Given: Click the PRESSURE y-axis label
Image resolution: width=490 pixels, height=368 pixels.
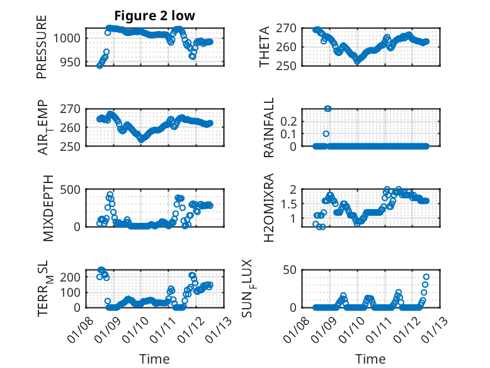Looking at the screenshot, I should point(42,50).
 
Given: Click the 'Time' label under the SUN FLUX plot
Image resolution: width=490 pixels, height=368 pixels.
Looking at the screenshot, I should point(370,359).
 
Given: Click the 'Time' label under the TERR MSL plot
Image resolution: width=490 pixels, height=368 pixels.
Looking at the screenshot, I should point(154,359).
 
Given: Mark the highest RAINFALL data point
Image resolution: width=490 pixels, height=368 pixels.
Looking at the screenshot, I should point(328,109).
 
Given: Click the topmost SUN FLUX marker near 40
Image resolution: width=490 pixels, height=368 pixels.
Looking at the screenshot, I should point(426,276).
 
